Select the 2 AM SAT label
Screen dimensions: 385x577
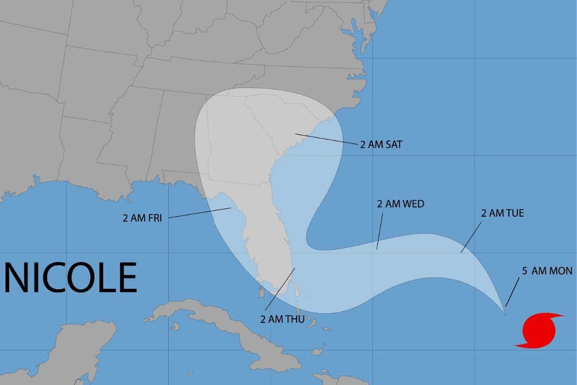tap(380, 144)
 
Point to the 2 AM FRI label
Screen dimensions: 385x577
tap(142, 218)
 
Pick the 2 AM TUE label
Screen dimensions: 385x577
tap(502, 213)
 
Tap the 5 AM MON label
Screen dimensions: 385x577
tap(547, 271)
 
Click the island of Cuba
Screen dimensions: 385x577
tap(226, 327)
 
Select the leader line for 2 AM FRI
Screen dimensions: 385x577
tap(200, 213)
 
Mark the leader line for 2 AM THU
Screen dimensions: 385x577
tap(280, 289)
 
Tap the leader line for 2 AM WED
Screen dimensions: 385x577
tap(380, 231)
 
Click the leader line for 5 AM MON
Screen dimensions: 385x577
tap(512, 293)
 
